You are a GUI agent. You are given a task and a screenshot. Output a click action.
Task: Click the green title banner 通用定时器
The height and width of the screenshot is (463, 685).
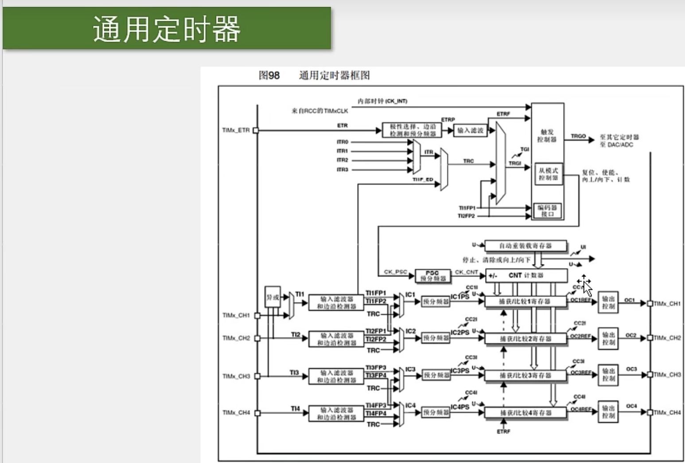point(167,28)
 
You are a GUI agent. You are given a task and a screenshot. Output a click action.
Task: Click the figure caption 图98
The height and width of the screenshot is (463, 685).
point(269,75)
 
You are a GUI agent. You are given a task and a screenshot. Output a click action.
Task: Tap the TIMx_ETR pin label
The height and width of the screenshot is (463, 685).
point(236,130)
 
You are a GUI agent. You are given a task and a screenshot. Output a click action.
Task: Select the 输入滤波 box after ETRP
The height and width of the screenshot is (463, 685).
point(470,130)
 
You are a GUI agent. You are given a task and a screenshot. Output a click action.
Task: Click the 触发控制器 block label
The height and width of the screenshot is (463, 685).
point(547,136)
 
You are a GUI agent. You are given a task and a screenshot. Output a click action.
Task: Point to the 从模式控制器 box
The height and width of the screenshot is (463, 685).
point(548,174)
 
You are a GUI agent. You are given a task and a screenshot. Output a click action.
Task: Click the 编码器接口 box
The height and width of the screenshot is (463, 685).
point(548,210)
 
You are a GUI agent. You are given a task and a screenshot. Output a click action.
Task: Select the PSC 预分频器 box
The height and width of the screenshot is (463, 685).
point(432,276)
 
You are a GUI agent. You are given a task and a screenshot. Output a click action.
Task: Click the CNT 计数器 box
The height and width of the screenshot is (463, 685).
point(526,275)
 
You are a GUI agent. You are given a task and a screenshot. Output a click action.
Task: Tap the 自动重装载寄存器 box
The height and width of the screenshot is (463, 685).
point(525,245)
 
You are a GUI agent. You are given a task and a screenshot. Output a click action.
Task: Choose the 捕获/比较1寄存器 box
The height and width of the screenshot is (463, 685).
point(525,302)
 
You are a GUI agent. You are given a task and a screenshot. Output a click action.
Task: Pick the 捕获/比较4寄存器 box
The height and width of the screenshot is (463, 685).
point(525,412)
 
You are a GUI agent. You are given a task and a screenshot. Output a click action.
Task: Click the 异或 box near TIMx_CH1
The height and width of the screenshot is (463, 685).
point(272,297)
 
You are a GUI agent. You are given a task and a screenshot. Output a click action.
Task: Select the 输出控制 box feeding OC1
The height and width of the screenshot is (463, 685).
point(608,302)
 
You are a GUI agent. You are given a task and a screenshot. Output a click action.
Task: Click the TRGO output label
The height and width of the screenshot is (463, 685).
point(578,136)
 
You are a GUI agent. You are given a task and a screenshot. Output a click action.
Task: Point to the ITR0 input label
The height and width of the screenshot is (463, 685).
point(342,142)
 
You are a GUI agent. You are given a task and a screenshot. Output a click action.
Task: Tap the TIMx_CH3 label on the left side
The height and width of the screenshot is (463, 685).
point(236,376)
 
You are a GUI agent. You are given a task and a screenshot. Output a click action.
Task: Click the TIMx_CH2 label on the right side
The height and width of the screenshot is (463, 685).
point(667,338)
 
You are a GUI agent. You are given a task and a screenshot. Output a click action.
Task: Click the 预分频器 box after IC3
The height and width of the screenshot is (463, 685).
point(436,375)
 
